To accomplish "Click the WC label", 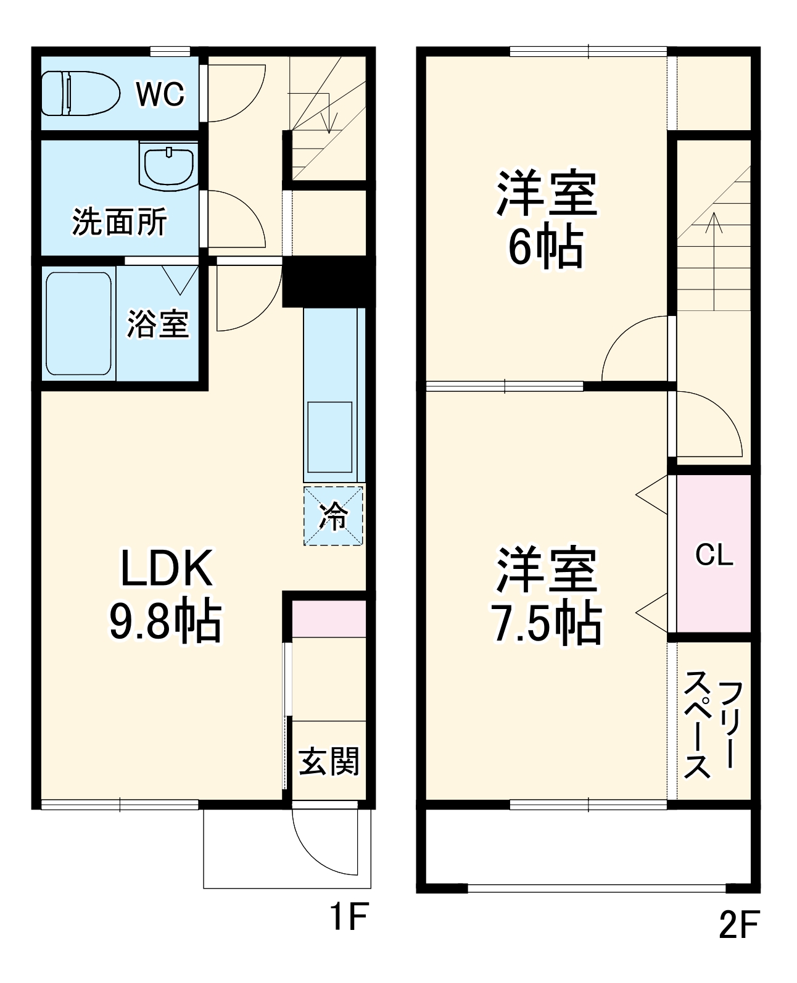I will (160, 94).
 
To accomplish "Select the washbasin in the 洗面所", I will (168, 165).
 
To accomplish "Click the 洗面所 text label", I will (119, 222).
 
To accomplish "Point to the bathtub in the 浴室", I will (78, 323).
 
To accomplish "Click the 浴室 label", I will (158, 323).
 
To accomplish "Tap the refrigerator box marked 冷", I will (333, 516).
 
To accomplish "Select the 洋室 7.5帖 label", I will (546, 595).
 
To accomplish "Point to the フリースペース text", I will (713, 724).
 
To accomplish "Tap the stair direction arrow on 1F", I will (329, 114).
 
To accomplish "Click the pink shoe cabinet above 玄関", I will (329, 618).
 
